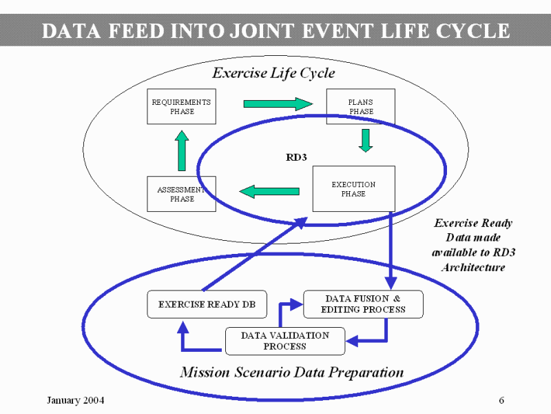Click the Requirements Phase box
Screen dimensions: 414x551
coord(181,106)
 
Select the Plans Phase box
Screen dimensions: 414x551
coord(360,106)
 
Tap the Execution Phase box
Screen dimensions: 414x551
coord(353,188)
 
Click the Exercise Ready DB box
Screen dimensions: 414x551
coord(197,304)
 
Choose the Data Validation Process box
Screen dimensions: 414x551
coord(284,340)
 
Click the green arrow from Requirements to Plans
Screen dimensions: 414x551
coord(278,104)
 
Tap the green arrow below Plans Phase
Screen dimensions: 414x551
coord(365,139)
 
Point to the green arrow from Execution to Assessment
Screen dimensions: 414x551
coord(269,190)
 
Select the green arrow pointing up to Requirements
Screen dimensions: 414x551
coord(182,150)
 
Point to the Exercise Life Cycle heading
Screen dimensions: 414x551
coord(273,72)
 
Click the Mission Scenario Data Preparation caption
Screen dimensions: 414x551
coord(291,373)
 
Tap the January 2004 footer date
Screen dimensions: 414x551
coord(75,401)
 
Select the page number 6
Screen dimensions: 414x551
coord(501,401)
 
